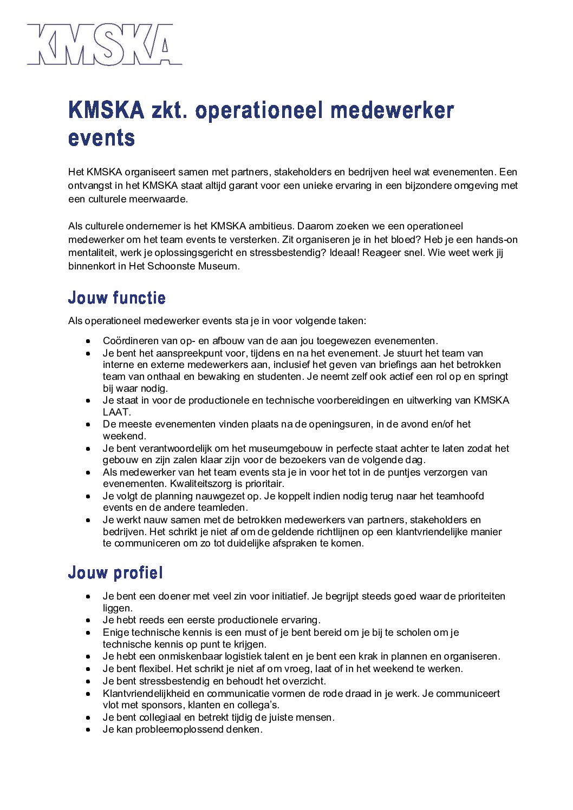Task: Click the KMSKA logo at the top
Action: pos(105,44)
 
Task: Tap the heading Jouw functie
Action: pos(116,298)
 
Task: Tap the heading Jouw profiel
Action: pos(115,572)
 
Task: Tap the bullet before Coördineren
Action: pos(88,341)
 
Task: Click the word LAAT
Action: pos(116,412)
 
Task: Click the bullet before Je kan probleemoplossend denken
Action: pos(88,730)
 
